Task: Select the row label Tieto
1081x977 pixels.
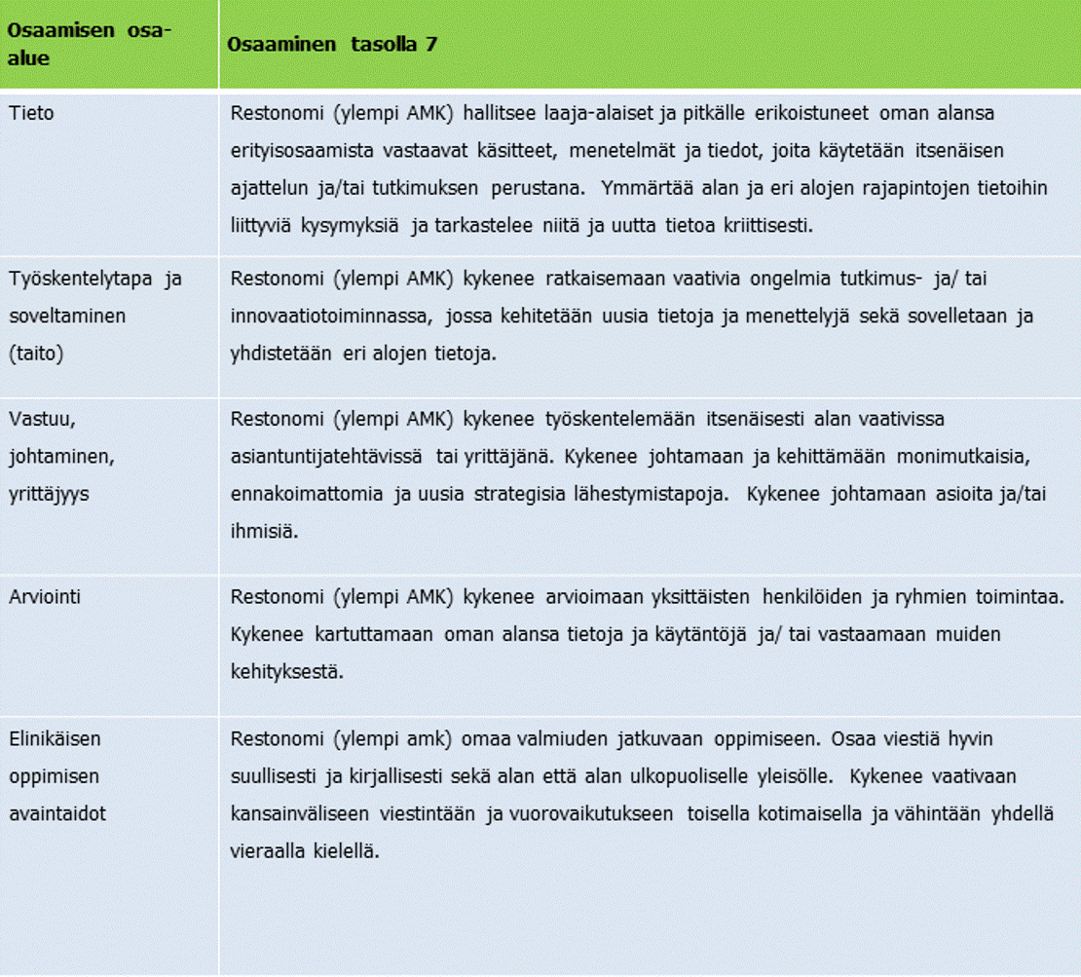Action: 31,114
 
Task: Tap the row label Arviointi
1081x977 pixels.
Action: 45,596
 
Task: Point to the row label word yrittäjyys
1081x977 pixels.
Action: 49,495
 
